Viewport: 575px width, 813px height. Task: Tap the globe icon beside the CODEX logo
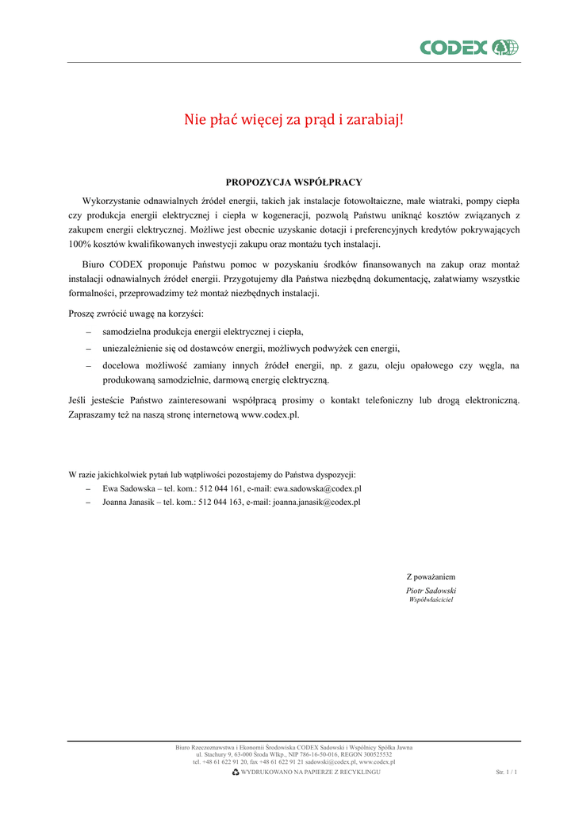tap(505, 48)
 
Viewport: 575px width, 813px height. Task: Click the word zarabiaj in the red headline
tap(377, 120)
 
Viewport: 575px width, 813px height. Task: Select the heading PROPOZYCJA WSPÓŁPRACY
tap(293, 182)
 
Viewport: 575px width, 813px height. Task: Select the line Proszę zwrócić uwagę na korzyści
tap(136, 314)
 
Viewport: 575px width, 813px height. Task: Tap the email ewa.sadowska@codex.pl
tap(317, 489)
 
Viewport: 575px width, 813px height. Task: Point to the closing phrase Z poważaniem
tap(431, 576)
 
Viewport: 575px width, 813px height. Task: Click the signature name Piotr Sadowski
tap(431, 591)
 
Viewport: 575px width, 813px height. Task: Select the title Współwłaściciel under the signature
tap(431, 599)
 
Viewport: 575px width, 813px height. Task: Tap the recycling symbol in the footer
tap(236, 772)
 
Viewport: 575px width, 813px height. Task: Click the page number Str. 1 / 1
tap(506, 772)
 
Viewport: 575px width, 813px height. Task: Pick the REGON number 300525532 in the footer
tap(373, 754)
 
